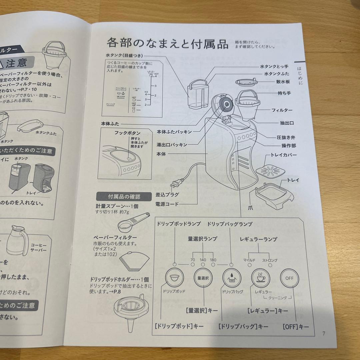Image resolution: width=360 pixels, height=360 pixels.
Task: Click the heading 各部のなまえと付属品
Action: [x=167, y=43]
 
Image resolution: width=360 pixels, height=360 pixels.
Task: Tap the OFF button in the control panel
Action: [x=289, y=278]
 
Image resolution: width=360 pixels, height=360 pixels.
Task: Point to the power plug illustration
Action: [x=176, y=183]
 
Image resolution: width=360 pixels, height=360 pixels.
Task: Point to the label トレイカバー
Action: [x=284, y=155]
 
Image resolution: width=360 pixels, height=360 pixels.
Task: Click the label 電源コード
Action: [x=167, y=204]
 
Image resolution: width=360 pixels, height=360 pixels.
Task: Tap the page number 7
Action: [x=324, y=333]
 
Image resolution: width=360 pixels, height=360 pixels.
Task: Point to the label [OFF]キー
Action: [x=295, y=327]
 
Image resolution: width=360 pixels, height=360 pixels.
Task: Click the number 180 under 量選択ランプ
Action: [x=213, y=260]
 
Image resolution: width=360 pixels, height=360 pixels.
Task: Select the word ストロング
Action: [x=270, y=260]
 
